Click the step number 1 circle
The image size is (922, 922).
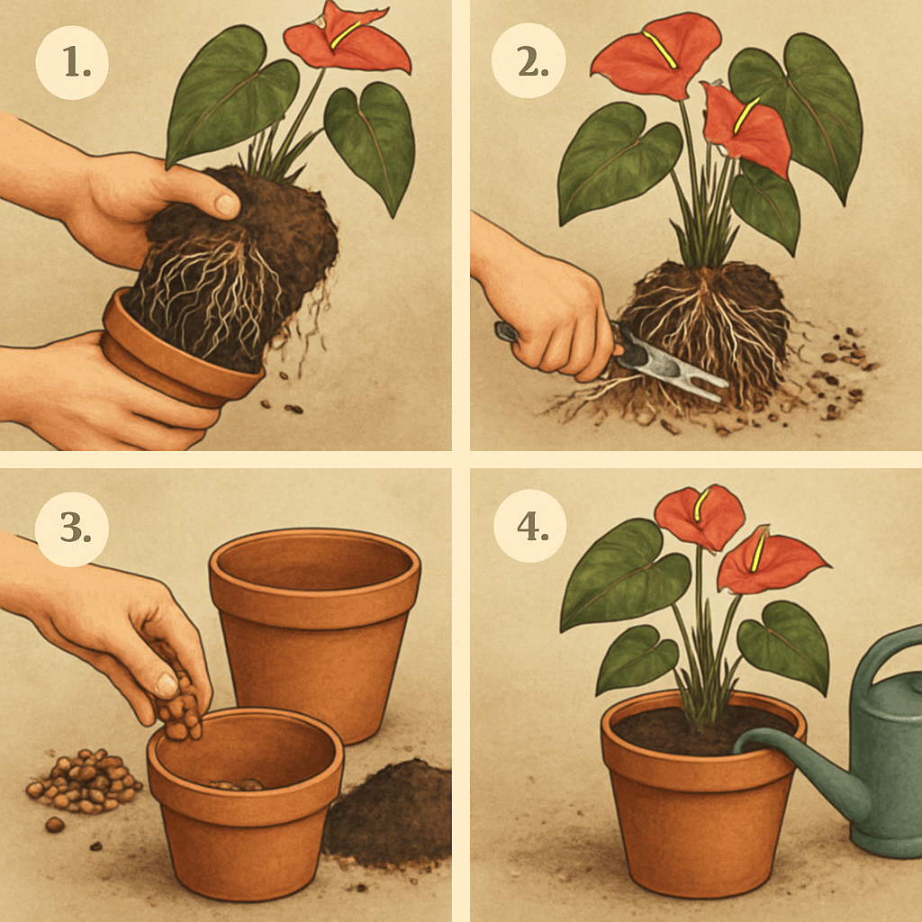[72, 61]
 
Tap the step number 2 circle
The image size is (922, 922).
[528, 61]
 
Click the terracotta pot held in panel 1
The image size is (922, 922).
[180, 356]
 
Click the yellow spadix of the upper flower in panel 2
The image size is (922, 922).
[660, 50]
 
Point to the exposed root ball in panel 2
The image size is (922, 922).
[711, 333]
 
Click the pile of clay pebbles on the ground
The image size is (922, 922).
[86, 779]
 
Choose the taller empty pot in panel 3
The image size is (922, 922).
[315, 621]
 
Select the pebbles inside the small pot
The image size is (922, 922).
[236, 784]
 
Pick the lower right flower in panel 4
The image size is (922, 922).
[770, 563]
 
